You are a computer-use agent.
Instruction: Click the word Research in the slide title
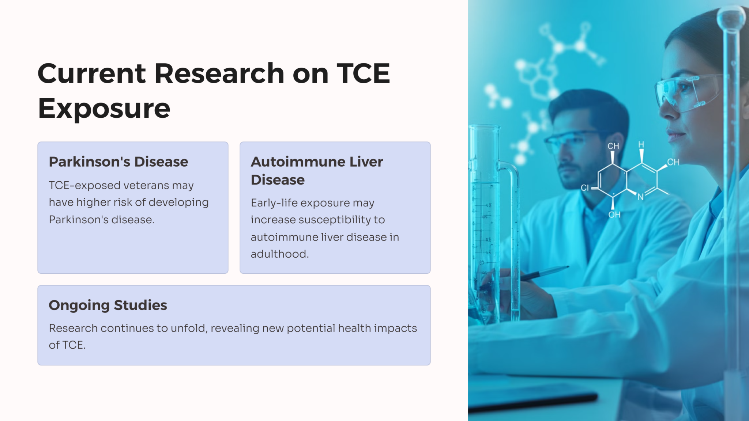point(219,73)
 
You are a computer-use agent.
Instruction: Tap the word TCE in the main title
point(363,73)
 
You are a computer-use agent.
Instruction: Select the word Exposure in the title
point(104,109)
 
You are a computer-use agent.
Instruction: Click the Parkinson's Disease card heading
point(118,162)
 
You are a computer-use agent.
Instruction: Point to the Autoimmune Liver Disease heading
point(317,171)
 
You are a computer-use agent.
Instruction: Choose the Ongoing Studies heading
point(108,305)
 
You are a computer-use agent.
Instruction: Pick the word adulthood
point(280,254)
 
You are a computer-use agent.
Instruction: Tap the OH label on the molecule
point(614,215)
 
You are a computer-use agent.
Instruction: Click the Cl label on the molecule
point(585,188)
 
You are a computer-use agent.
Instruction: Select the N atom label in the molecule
point(641,197)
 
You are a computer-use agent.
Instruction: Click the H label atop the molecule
point(641,145)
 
